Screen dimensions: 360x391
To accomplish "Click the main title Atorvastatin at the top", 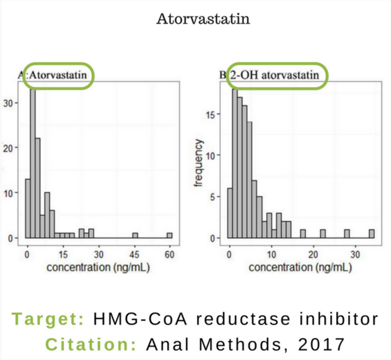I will [x=203, y=19].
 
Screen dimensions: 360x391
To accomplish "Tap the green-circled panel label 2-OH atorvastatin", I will [x=274, y=75].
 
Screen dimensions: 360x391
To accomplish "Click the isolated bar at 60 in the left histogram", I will [x=169, y=235].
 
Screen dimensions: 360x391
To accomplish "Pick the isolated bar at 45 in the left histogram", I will [x=135, y=235].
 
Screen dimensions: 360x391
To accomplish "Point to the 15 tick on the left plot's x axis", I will [x=63, y=254].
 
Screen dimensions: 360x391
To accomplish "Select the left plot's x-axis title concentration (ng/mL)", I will [x=98, y=267].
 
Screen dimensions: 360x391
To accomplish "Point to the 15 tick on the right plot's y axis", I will [x=215, y=114].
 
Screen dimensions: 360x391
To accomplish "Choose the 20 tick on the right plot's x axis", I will [x=313, y=254].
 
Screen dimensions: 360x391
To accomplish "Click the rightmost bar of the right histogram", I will [x=372, y=234].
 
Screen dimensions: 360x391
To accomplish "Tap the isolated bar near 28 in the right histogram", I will [x=347, y=234].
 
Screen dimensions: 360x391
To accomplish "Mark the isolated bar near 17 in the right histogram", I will [x=303, y=234].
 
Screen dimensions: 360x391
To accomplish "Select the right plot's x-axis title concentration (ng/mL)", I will [x=300, y=267].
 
